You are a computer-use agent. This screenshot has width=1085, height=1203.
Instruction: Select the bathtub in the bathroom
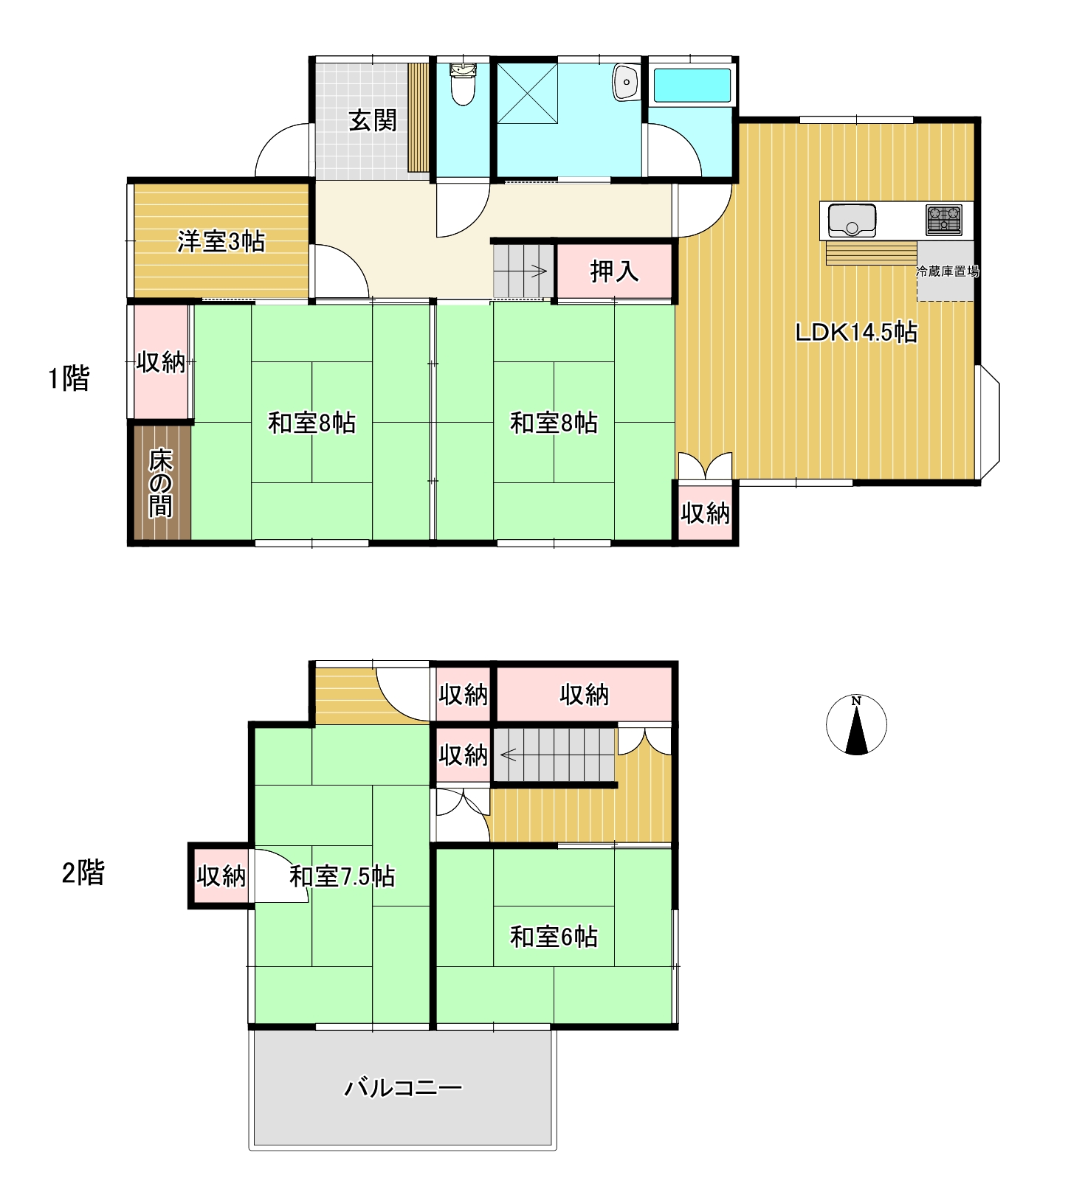click(692, 86)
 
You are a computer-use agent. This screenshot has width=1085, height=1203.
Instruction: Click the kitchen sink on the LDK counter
click(852, 220)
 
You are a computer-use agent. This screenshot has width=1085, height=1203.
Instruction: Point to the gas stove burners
click(944, 220)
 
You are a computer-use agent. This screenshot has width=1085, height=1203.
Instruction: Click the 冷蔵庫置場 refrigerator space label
click(947, 271)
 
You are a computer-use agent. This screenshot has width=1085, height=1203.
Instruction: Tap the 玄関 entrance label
click(373, 120)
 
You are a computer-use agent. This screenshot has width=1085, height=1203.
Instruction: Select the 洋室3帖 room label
click(221, 241)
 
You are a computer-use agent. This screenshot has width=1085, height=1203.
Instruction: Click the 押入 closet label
click(614, 271)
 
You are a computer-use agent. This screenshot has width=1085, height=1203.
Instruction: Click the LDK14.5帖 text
click(856, 333)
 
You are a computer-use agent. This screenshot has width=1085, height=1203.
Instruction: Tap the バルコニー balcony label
click(403, 1088)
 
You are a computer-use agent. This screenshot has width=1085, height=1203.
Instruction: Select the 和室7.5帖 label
click(342, 876)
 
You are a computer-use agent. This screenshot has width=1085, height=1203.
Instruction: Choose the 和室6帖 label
click(554, 937)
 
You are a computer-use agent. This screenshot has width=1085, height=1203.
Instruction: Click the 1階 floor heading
click(69, 378)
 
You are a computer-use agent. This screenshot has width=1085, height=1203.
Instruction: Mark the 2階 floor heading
click(83, 873)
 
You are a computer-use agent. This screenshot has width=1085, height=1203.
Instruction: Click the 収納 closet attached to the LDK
click(705, 513)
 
